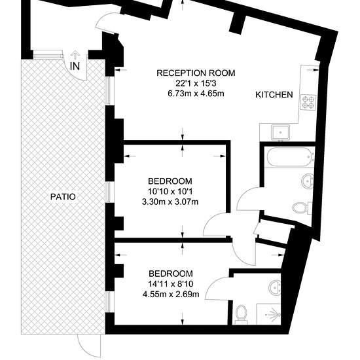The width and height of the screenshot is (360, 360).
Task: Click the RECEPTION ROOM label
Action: (196, 73)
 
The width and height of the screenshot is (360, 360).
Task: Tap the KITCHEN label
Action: (274, 95)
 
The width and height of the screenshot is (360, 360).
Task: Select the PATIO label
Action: (63, 197)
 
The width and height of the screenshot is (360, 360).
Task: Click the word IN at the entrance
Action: (75, 66)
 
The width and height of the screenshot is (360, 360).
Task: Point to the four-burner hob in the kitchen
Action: (308, 101)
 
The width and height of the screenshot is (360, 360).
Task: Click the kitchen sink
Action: (281, 132)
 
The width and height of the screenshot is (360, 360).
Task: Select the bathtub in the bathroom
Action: (290, 157)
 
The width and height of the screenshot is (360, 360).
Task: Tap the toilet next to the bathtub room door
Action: (302, 207)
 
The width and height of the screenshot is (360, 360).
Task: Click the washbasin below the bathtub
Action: (307, 181)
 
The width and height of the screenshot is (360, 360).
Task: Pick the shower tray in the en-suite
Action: (268, 314)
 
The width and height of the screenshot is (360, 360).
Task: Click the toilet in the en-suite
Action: (241, 314)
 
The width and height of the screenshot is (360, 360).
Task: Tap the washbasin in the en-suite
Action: (275, 287)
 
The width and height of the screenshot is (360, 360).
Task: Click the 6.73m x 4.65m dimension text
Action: (196, 94)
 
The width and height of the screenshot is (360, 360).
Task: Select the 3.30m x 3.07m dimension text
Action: (170, 202)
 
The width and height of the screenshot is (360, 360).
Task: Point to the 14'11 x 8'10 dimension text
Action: (171, 284)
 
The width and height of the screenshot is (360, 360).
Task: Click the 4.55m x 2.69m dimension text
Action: (171, 294)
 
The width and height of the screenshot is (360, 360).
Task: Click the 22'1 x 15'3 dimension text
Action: (196, 83)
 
